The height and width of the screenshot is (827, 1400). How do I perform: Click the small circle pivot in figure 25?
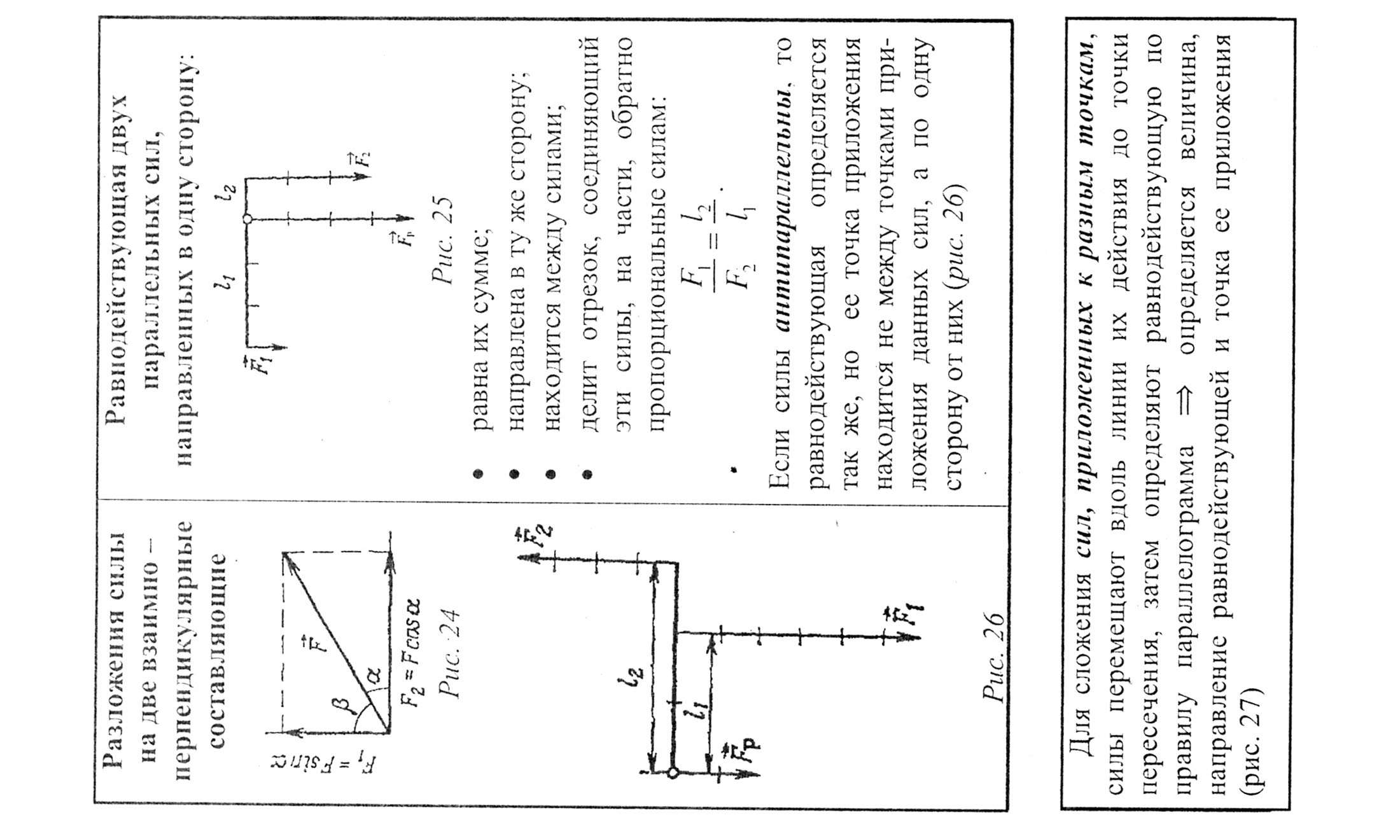pos(248,219)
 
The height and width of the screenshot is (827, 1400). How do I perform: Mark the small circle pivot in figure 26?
pos(673,772)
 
